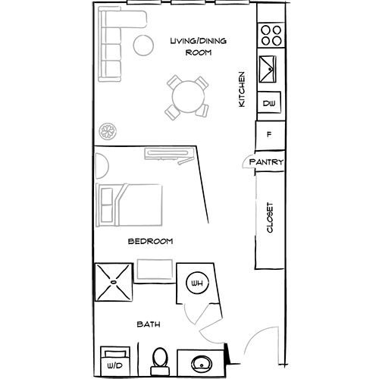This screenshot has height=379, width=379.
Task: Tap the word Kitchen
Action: [x=242, y=89]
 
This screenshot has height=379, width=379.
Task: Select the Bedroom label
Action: [x=150, y=241]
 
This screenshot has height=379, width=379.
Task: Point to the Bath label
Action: [x=148, y=324]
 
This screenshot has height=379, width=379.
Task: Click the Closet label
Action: [x=269, y=219]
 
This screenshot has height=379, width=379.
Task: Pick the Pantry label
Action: [x=266, y=162]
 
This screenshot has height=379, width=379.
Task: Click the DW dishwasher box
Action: [x=268, y=103]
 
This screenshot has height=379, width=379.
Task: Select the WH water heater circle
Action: [x=196, y=283]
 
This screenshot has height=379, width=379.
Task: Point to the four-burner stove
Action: [x=271, y=35]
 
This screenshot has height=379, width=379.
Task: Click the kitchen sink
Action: [x=269, y=70]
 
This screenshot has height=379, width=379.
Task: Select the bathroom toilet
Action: [x=159, y=360]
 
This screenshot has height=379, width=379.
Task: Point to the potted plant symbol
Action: [x=107, y=130]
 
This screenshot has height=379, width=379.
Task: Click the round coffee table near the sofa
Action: [x=143, y=43]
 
